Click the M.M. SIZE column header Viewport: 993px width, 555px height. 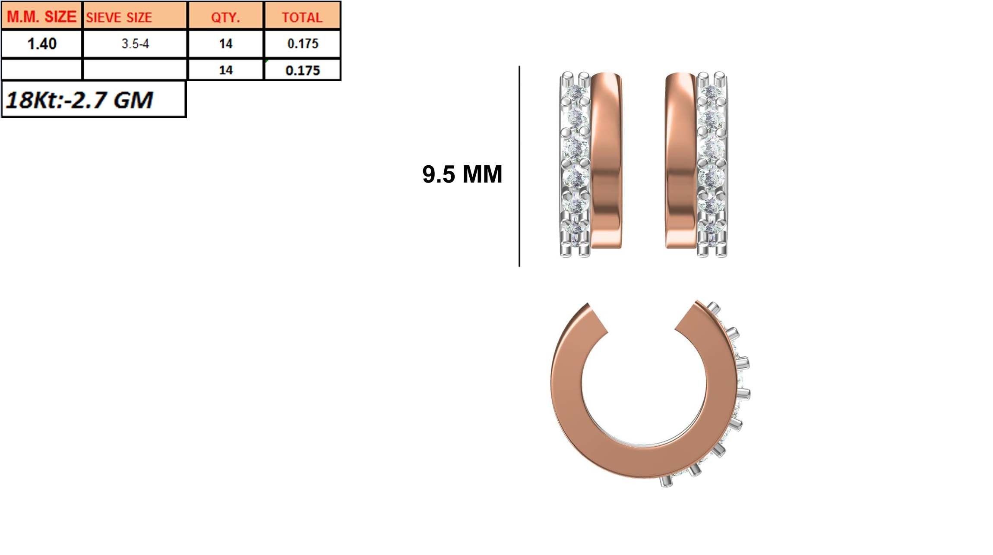click(41, 16)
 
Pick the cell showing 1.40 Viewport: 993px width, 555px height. click(41, 44)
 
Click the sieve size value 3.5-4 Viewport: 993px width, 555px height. click(135, 44)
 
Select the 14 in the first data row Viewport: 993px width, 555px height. click(225, 44)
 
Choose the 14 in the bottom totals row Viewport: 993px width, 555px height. click(225, 70)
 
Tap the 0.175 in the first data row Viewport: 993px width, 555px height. click(302, 44)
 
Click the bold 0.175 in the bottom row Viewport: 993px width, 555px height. click(302, 70)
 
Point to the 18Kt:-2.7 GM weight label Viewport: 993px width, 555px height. click(80, 100)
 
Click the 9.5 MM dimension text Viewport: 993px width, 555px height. click(462, 174)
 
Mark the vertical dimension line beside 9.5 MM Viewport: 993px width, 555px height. click(519, 166)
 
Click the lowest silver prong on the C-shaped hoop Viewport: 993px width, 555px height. click(665, 482)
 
